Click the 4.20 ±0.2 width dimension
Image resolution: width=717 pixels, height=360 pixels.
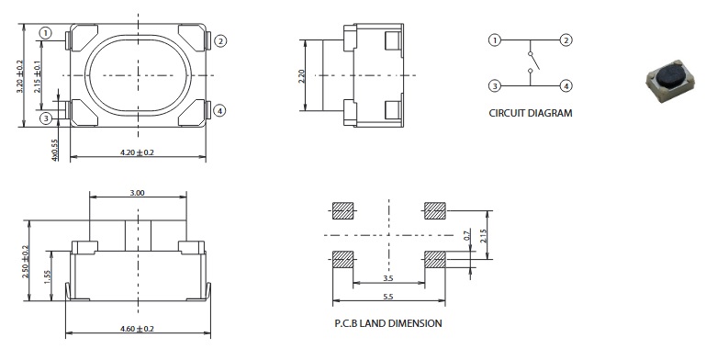(137, 152)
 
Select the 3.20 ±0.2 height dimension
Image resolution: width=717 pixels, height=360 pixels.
(19, 76)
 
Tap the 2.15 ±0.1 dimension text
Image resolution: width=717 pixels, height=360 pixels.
(38, 76)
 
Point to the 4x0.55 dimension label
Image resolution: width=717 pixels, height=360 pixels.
(55, 150)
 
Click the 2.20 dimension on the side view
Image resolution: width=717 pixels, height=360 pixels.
(301, 75)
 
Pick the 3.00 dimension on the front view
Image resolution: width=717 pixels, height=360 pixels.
(137, 193)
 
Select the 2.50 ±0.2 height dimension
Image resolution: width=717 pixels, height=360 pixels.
(26, 262)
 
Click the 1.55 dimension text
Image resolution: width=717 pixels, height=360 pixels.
(48, 276)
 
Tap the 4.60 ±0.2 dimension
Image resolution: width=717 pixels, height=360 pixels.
(137, 329)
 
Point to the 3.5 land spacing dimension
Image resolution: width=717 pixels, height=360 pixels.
(388, 277)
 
